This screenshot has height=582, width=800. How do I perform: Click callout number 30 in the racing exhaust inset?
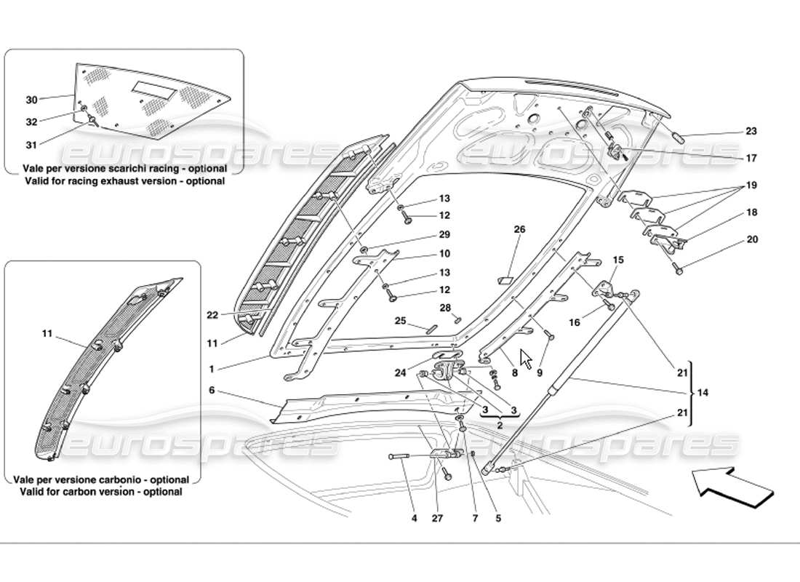pos(31,100)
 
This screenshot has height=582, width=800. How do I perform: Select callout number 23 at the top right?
pos(751,132)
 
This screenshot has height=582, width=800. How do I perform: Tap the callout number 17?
pos(751,158)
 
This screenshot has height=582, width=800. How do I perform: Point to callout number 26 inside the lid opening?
pos(519,230)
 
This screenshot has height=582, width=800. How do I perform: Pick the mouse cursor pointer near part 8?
pos(526,359)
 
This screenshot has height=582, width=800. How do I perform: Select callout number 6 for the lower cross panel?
pos(212,390)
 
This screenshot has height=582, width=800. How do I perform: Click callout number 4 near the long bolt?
pos(414,519)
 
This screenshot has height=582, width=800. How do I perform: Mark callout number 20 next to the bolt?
pos(752,239)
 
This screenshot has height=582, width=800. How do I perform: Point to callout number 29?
pos(444,235)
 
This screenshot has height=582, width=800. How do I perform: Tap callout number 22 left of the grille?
pos(212,314)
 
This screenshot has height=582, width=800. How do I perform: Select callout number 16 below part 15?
pos(575,322)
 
